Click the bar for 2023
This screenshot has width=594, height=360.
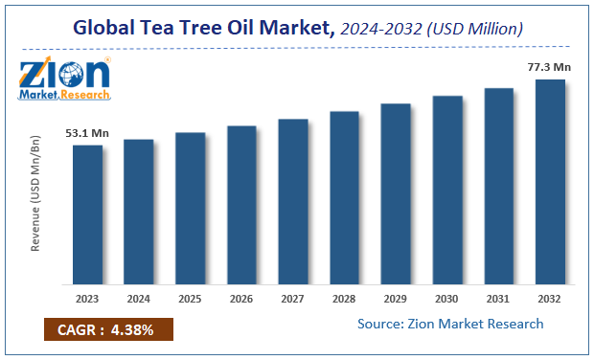(x=87, y=214)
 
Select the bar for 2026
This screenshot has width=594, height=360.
(x=241, y=205)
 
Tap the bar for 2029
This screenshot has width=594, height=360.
(x=396, y=193)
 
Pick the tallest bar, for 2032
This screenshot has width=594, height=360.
(x=550, y=182)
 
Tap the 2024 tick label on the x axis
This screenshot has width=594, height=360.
(x=139, y=298)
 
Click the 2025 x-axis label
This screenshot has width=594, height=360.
(x=190, y=298)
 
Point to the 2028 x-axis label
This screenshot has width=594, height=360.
(x=344, y=298)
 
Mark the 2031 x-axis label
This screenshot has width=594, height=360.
(x=498, y=298)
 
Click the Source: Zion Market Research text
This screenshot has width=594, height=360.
(x=450, y=324)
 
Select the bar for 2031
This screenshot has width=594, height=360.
(x=498, y=186)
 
